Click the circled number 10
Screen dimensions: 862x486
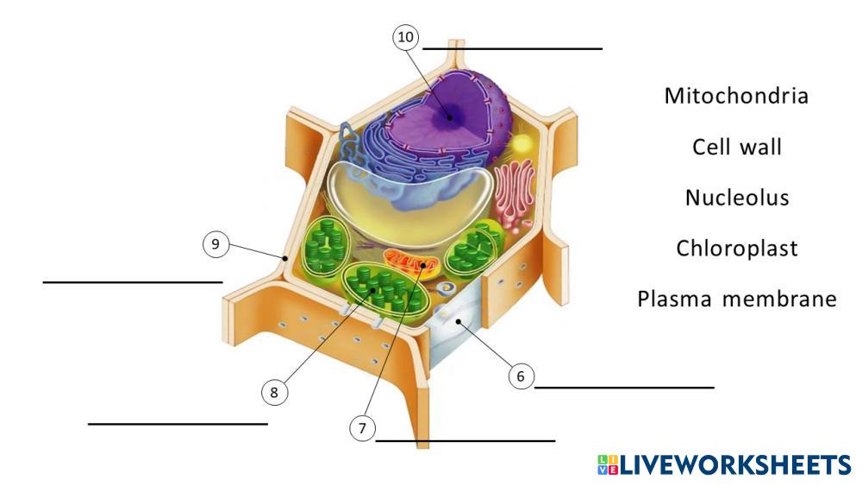[x=405, y=38]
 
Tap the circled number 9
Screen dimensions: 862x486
[x=216, y=244]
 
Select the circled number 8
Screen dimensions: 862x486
[x=274, y=393]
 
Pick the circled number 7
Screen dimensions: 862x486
[x=363, y=426]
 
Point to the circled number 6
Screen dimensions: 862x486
[x=521, y=376]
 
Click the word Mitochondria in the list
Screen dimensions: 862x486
[x=736, y=96]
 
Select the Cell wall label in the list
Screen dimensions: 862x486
[x=737, y=147]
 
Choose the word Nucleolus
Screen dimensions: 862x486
[x=737, y=198]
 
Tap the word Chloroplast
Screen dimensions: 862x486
[x=737, y=249]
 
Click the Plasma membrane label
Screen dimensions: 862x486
[x=737, y=300]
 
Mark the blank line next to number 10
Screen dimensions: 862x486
[x=512, y=49]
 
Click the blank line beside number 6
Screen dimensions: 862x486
[x=624, y=388]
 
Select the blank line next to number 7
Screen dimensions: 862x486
[x=465, y=440]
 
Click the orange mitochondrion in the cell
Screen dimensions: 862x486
[x=410, y=262]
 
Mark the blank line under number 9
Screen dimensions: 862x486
[x=133, y=281]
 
